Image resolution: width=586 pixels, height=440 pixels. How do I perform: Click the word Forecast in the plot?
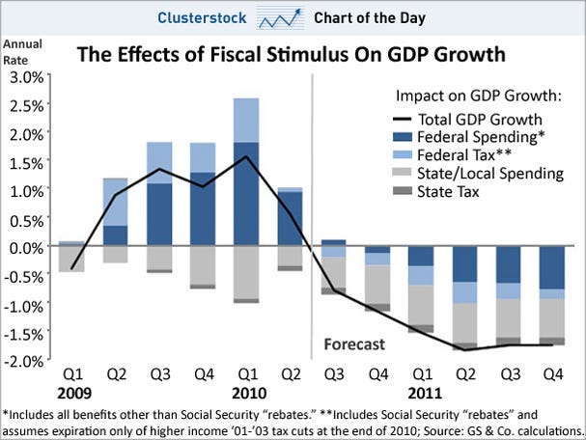pos(353,344)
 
